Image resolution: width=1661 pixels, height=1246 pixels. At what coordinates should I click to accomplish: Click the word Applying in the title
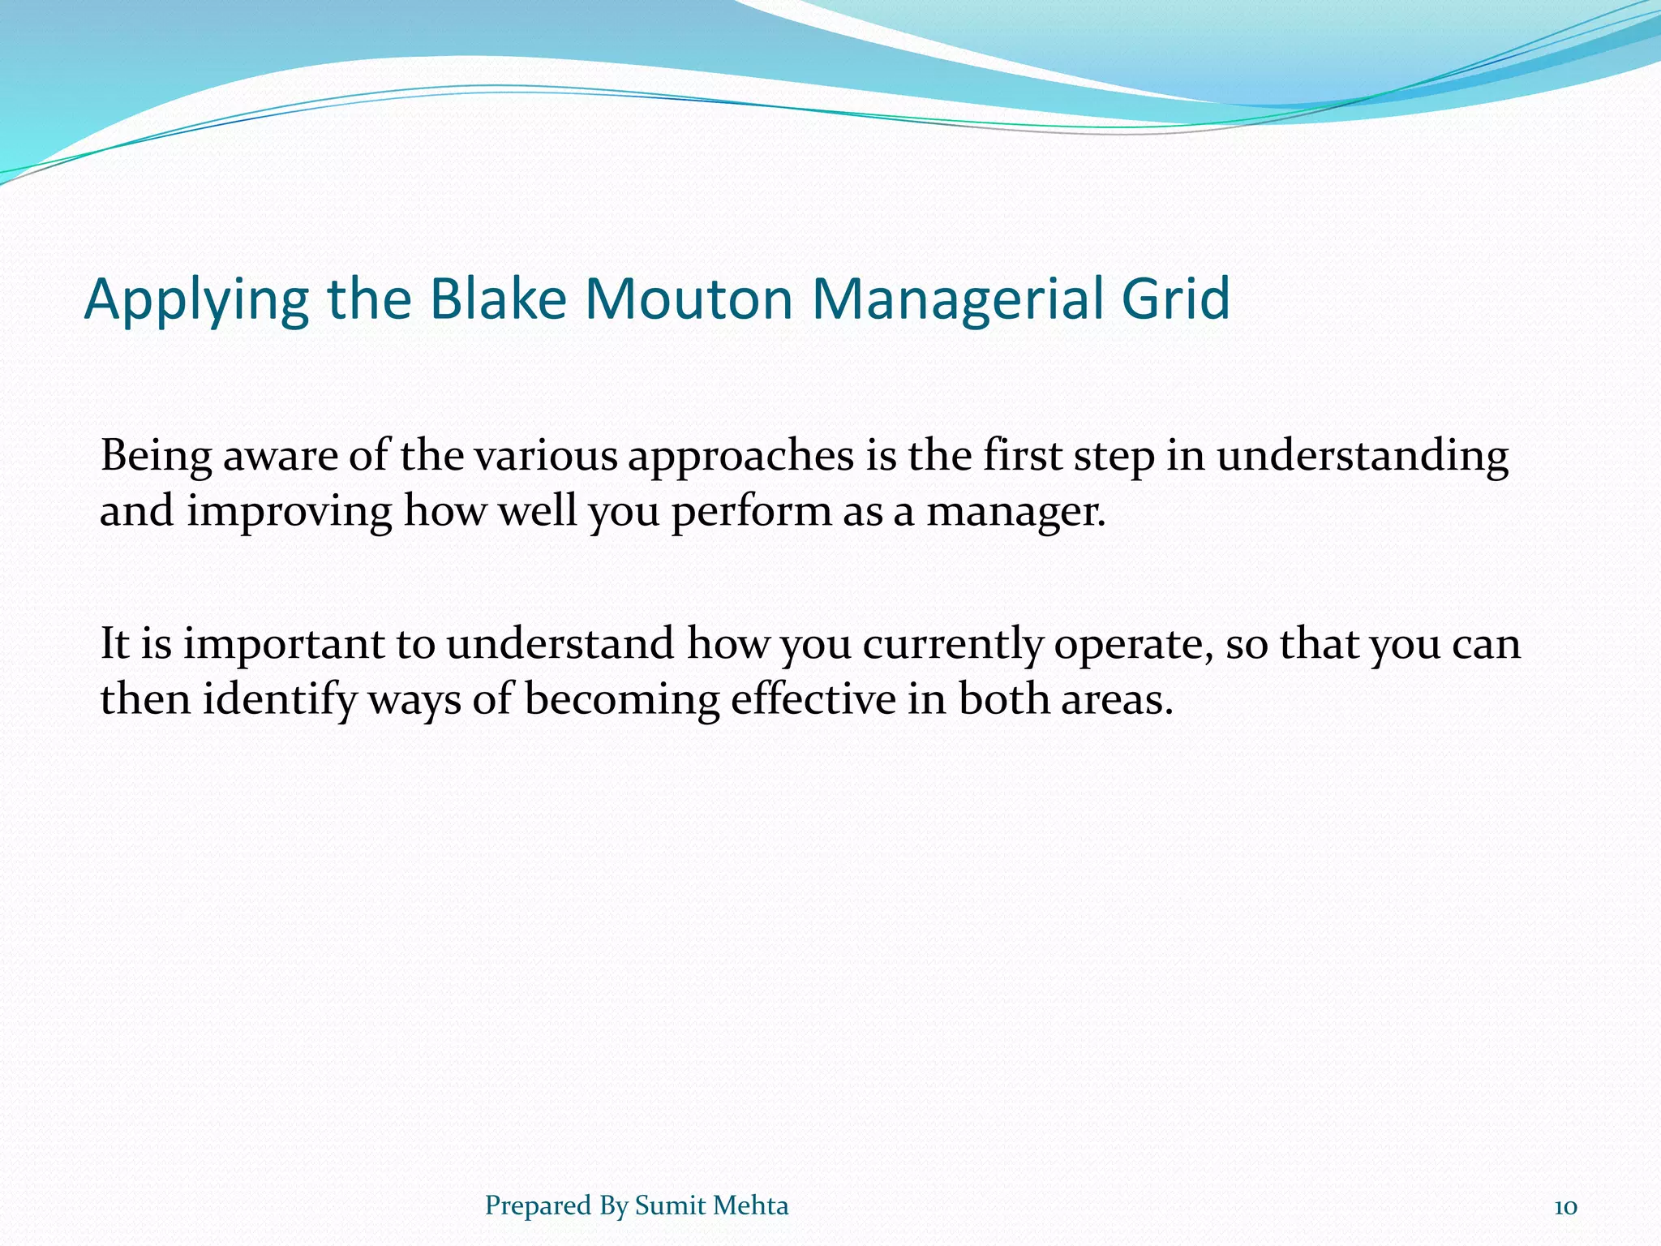click(x=195, y=300)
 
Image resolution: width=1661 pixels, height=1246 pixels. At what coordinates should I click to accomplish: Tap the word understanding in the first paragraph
click(x=1363, y=457)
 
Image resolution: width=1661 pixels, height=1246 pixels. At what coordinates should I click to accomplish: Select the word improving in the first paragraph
click(x=290, y=513)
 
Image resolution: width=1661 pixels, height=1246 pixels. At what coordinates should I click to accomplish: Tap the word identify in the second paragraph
click(x=279, y=700)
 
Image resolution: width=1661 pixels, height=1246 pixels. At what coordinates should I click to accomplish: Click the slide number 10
click(x=1565, y=1207)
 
